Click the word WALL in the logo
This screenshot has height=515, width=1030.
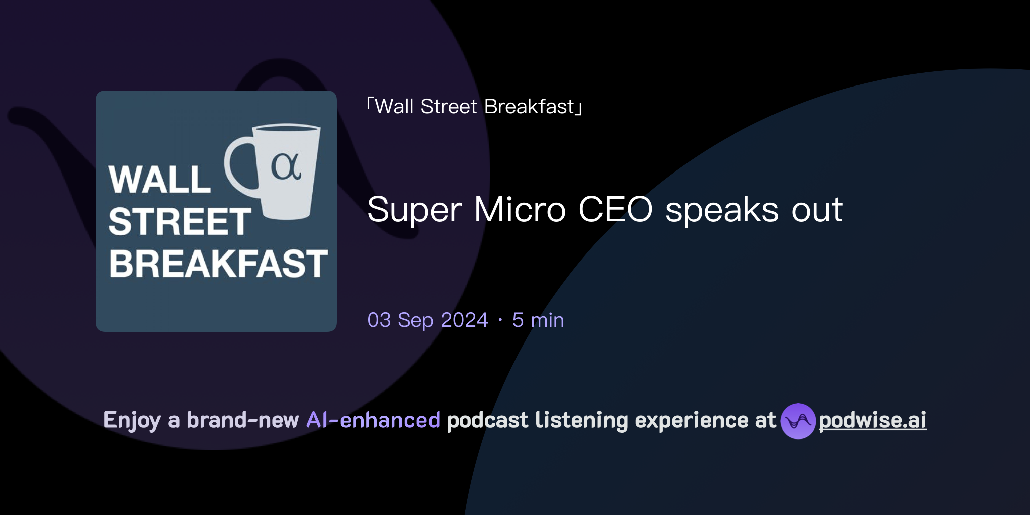click(x=159, y=180)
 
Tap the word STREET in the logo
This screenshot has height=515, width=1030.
click(x=180, y=222)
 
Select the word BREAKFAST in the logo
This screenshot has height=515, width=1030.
click(x=218, y=264)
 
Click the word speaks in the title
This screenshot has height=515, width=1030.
click(x=722, y=210)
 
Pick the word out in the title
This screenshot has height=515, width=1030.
click(x=817, y=210)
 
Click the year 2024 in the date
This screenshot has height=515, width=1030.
click(x=464, y=320)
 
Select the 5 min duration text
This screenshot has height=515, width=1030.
click(x=538, y=320)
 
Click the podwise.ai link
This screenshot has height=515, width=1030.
click(x=872, y=420)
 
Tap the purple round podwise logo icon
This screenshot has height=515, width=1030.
click(x=797, y=421)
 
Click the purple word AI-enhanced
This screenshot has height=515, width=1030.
click(x=373, y=420)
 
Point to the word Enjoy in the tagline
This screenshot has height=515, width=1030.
click(x=132, y=421)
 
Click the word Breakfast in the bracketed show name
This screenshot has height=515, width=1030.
click(x=529, y=107)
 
